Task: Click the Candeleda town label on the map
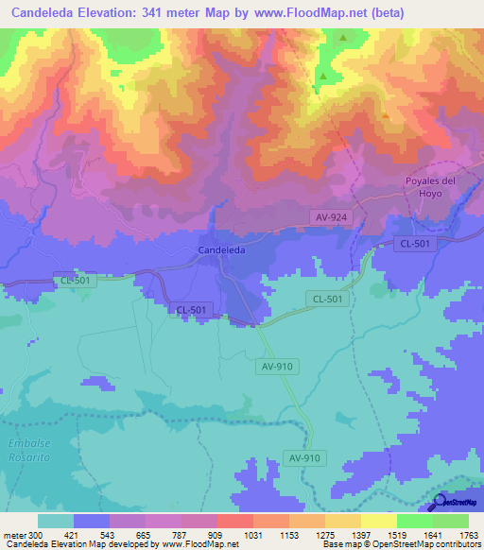(x=222, y=249)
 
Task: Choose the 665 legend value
(x=143, y=536)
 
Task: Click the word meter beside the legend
(x=14, y=536)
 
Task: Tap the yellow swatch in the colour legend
(x=378, y=521)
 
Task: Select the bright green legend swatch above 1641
(x=414, y=521)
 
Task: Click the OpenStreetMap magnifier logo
(x=438, y=503)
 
